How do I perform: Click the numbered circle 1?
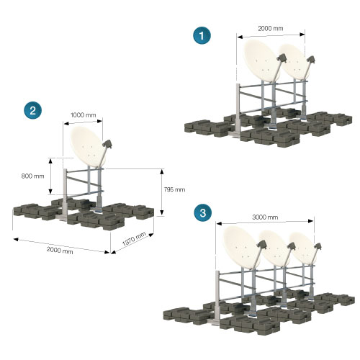pyautogui.click(x=202, y=35)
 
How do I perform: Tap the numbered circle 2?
pyautogui.click(x=32, y=110)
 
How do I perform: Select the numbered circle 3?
pyautogui.click(x=203, y=212)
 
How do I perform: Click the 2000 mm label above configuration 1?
pyautogui.click(x=271, y=28)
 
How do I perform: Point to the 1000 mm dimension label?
pyautogui.click(x=83, y=115)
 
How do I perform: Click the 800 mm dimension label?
pyautogui.click(x=32, y=176)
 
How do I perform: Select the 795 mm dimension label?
pyautogui.click(x=174, y=189)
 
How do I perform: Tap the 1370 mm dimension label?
pyautogui.click(x=134, y=238)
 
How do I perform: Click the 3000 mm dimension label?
pyautogui.click(x=265, y=217)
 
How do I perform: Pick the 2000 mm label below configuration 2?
pyautogui.click(x=60, y=250)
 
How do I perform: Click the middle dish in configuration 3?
pyautogui.click(x=276, y=248)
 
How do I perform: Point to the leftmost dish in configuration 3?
pyautogui.click(x=242, y=247)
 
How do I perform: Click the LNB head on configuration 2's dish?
pyautogui.click(x=107, y=144)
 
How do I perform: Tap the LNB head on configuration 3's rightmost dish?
pyautogui.click(x=318, y=247)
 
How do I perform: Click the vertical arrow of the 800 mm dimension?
pyautogui.click(x=50, y=176)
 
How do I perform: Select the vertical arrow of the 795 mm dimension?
pyautogui.click(x=162, y=192)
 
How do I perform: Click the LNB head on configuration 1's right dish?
pyautogui.click(x=310, y=60)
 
